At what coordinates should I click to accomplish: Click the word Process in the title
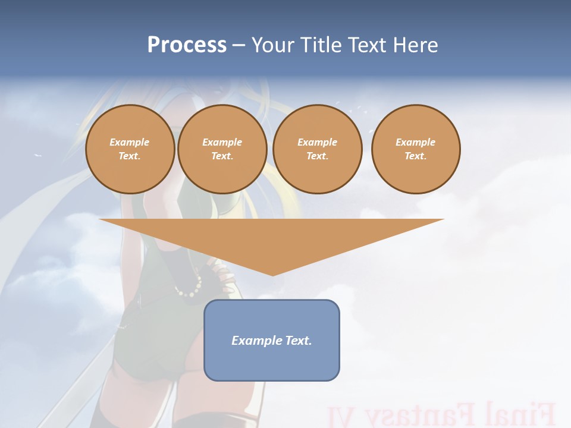pos(187,45)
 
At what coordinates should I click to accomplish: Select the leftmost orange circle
pos(130,149)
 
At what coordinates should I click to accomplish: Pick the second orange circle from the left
pos(222,149)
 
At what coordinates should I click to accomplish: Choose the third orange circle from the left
pos(318,149)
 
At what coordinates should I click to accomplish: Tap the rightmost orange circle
pos(416,149)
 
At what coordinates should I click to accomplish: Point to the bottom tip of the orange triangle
pos(272,274)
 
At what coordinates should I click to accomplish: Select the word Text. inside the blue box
pos(297,341)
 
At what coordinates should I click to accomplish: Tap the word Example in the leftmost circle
pos(130,142)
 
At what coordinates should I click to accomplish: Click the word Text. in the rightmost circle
pos(416,156)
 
